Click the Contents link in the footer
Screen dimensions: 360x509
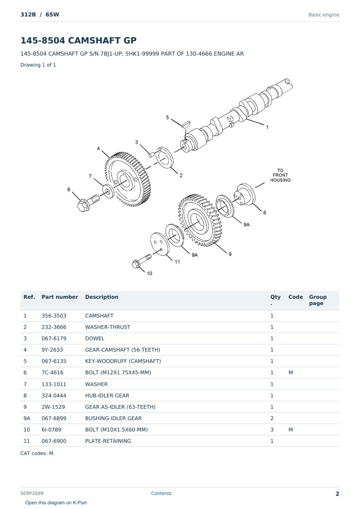coord(161,493)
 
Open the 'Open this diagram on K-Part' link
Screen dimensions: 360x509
coord(56,502)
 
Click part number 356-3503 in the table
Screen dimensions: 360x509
coord(54,316)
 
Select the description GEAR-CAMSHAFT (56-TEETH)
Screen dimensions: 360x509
coord(122,350)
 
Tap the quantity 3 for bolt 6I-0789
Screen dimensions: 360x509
coord(272,430)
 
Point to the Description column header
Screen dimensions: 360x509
coord(101,297)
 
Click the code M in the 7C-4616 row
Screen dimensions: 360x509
coord(290,372)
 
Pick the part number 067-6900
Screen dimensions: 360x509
coord(54,441)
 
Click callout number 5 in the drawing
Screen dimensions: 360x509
coord(167,117)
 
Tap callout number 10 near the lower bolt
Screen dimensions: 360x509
coord(149,273)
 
